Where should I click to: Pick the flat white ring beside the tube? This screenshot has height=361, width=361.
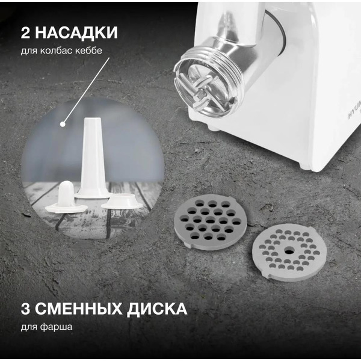coord(122,202)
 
